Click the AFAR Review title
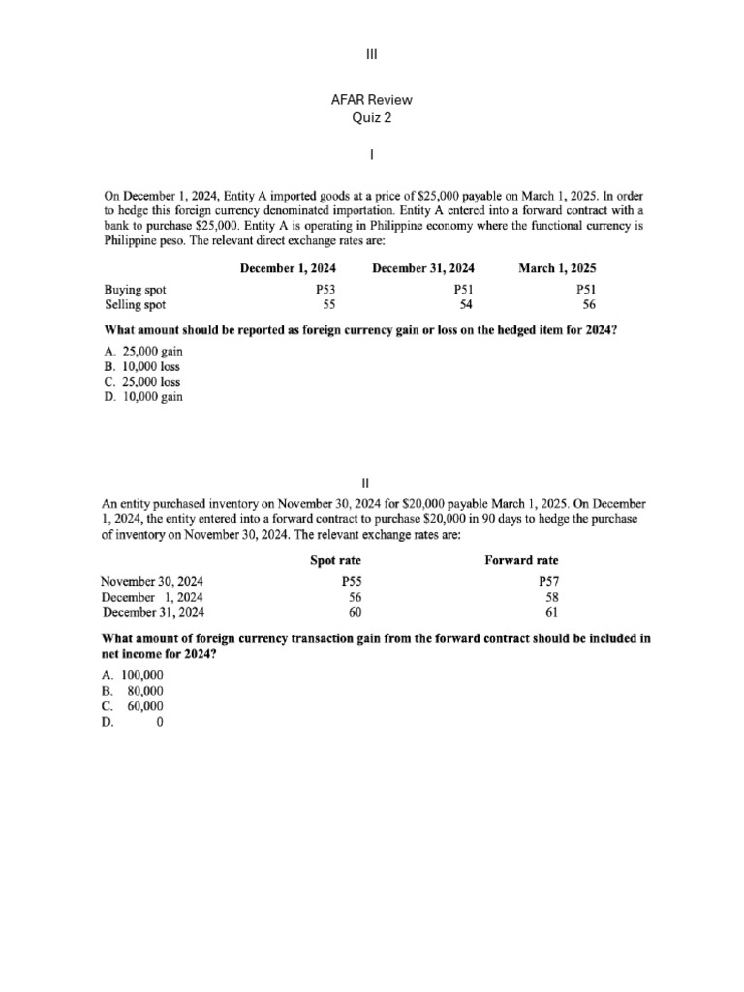(x=372, y=101)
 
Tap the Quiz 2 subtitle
(x=372, y=118)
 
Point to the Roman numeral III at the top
(x=372, y=54)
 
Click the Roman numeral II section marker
(x=372, y=481)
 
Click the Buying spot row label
(x=135, y=290)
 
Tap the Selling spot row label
(x=135, y=305)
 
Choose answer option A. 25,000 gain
(x=143, y=351)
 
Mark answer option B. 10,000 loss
(x=141, y=366)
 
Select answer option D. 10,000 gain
(x=142, y=397)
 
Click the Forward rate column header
(x=521, y=560)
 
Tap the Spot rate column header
(x=335, y=560)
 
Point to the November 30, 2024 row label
(x=153, y=581)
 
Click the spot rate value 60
(x=355, y=612)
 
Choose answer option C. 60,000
(x=133, y=706)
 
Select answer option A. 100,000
(x=133, y=675)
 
